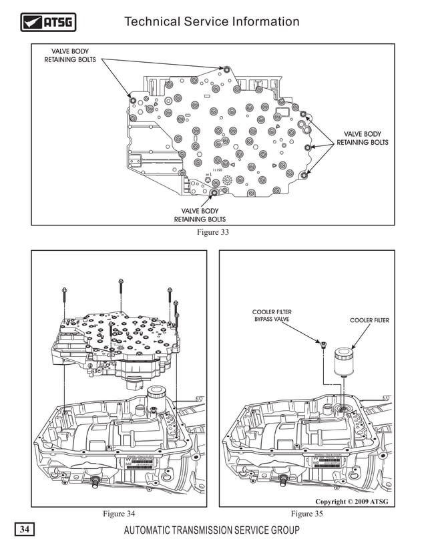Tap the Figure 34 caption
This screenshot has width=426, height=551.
click(118, 513)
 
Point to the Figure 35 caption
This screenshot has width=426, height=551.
click(306, 513)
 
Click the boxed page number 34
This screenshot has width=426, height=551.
click(24, 530)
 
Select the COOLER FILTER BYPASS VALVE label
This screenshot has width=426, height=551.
click(272, 316)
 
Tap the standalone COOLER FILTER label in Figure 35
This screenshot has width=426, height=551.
click(369, 321)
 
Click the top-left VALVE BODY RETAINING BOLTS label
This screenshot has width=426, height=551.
click(70, 55)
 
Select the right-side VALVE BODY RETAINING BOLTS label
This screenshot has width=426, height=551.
click(362, 138)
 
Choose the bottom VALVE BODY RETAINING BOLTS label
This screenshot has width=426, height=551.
click(200, 215)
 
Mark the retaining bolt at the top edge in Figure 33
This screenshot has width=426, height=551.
click(227, 69)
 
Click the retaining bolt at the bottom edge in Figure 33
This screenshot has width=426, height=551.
click(214, 193)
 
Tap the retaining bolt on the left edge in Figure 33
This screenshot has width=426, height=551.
click(132, 100)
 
